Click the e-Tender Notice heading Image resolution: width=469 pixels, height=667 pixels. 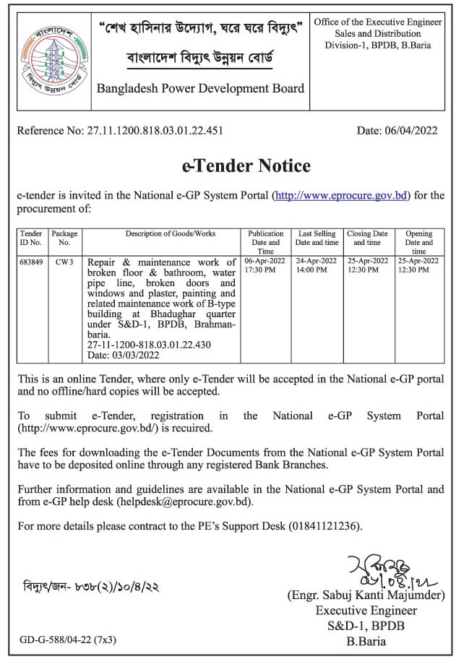(x=246, y=166)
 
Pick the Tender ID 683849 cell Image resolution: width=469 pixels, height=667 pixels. (x=30, y=260)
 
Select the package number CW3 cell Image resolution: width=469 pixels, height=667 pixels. (x=65, y=260)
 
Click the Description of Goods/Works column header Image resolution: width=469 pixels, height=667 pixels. (x=160, y=234)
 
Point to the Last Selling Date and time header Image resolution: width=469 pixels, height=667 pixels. (x=317, y=238)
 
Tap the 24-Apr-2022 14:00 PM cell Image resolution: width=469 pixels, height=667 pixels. (x=317, y=264)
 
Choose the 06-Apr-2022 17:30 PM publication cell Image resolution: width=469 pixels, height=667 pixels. (x=266, y=264)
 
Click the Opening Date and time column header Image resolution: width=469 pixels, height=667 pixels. (x=418, y=241)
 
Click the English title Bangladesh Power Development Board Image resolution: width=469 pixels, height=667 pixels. (x=201, y=89)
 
